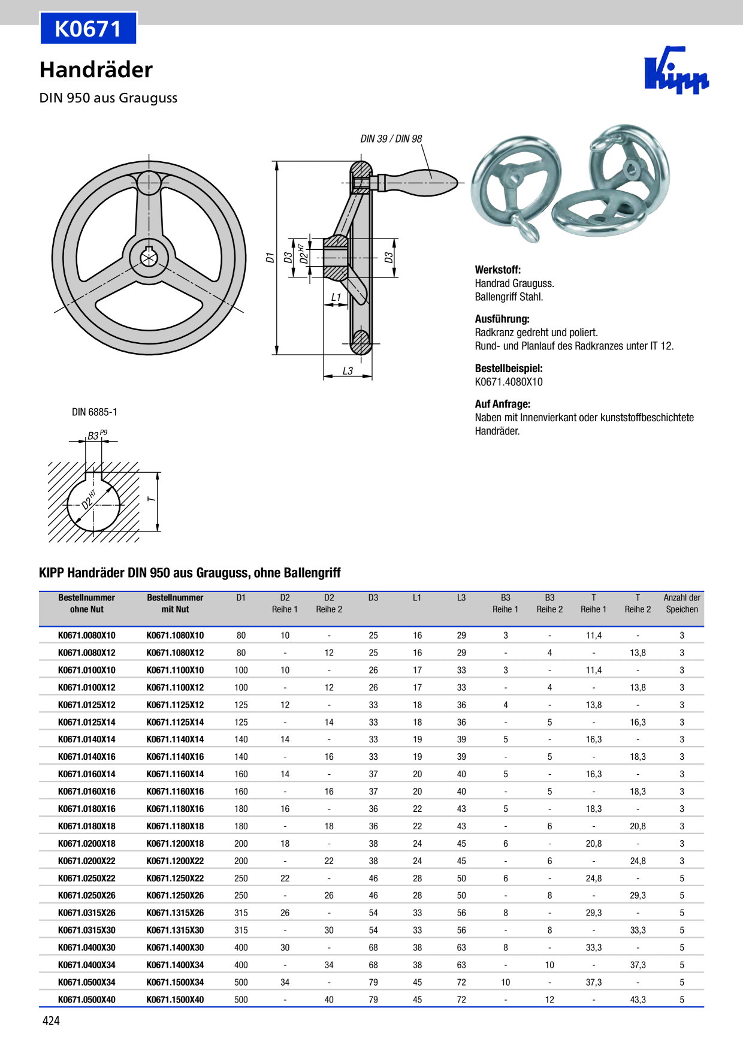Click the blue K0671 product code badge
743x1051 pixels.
(88, 28)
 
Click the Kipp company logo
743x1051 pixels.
(676, 71)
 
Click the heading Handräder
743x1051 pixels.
(96, 70)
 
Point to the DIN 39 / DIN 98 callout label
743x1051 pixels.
(391, 138)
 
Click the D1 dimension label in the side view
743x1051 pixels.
(270, 258)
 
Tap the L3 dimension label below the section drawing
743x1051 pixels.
(348, 371)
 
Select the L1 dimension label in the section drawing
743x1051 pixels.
(336, 297)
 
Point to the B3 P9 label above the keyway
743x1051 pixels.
(96, 435)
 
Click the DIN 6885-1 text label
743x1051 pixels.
(95, 412)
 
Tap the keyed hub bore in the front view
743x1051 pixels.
(148, 258)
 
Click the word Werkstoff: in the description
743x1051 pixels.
(497, 270)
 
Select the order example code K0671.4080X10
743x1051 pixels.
(509, 382)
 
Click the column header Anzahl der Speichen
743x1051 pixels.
(681, 603)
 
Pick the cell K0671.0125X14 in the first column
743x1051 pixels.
(87, 722)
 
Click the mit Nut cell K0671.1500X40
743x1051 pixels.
(175, 999)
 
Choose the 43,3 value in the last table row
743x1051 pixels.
(638, 999)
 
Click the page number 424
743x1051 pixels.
(51, 1020)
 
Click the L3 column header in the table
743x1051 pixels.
(461, 597)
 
